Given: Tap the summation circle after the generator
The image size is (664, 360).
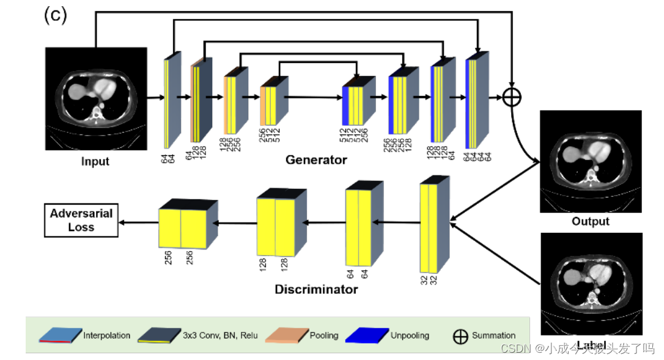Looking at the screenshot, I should tap(512, 97).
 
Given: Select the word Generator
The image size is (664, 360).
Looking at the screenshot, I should tap(316, 160).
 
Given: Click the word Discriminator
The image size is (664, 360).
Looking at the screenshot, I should tap(316, 289).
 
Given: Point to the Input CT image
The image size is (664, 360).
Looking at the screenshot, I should tap(96, 98).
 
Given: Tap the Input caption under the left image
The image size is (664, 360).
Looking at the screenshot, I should tap(95, 162).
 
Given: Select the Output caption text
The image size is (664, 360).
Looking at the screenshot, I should tap(590, 221).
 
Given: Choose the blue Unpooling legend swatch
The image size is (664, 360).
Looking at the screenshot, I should tap(367, 335).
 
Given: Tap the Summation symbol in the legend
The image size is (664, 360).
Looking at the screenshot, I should tap(460, 336).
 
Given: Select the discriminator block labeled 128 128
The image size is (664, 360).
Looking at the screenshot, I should tap(276, 226).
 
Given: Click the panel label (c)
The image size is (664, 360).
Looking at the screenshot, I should tap(55, 15).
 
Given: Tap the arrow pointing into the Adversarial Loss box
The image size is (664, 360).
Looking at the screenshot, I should tap(138, 222).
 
